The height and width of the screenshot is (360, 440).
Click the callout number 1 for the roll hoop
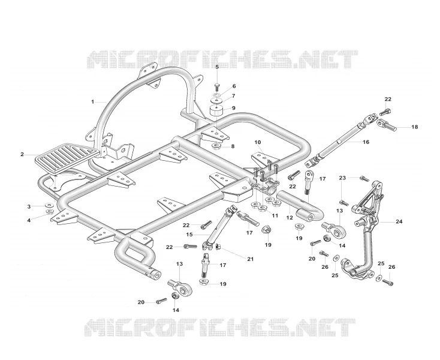click(92, 101)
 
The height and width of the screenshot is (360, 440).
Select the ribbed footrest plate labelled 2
click(67, 158)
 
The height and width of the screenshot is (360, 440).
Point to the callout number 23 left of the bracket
click(342, 178)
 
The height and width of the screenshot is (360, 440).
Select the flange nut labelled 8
click(216, 146)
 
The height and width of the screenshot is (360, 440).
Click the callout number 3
click(29, 206)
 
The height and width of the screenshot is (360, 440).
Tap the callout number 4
click(29, 220)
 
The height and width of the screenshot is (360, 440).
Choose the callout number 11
click(275, 215)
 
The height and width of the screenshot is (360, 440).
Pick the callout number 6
click(234, 86)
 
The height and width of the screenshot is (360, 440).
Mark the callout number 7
click(233, 97)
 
